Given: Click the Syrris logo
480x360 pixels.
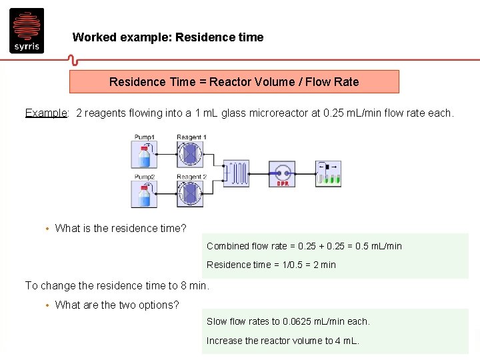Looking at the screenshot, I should point(27,30).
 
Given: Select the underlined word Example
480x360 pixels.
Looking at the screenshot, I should point(46,113).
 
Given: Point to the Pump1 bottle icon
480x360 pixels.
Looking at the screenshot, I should point(144,155).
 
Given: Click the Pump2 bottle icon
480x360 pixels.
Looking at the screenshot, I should point(144,195).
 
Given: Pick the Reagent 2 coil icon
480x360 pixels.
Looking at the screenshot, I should point(190,194).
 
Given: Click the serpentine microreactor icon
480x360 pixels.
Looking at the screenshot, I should point(237,173).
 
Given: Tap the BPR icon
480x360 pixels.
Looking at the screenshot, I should point(282,173).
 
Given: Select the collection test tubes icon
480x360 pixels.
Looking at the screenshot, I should point(328,173).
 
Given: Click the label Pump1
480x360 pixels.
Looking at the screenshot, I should point(144,137).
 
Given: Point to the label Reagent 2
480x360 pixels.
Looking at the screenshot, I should point(191,177).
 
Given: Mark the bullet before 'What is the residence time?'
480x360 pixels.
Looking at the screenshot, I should point(47,229).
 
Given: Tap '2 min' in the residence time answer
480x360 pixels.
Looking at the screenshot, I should point(323,265).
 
